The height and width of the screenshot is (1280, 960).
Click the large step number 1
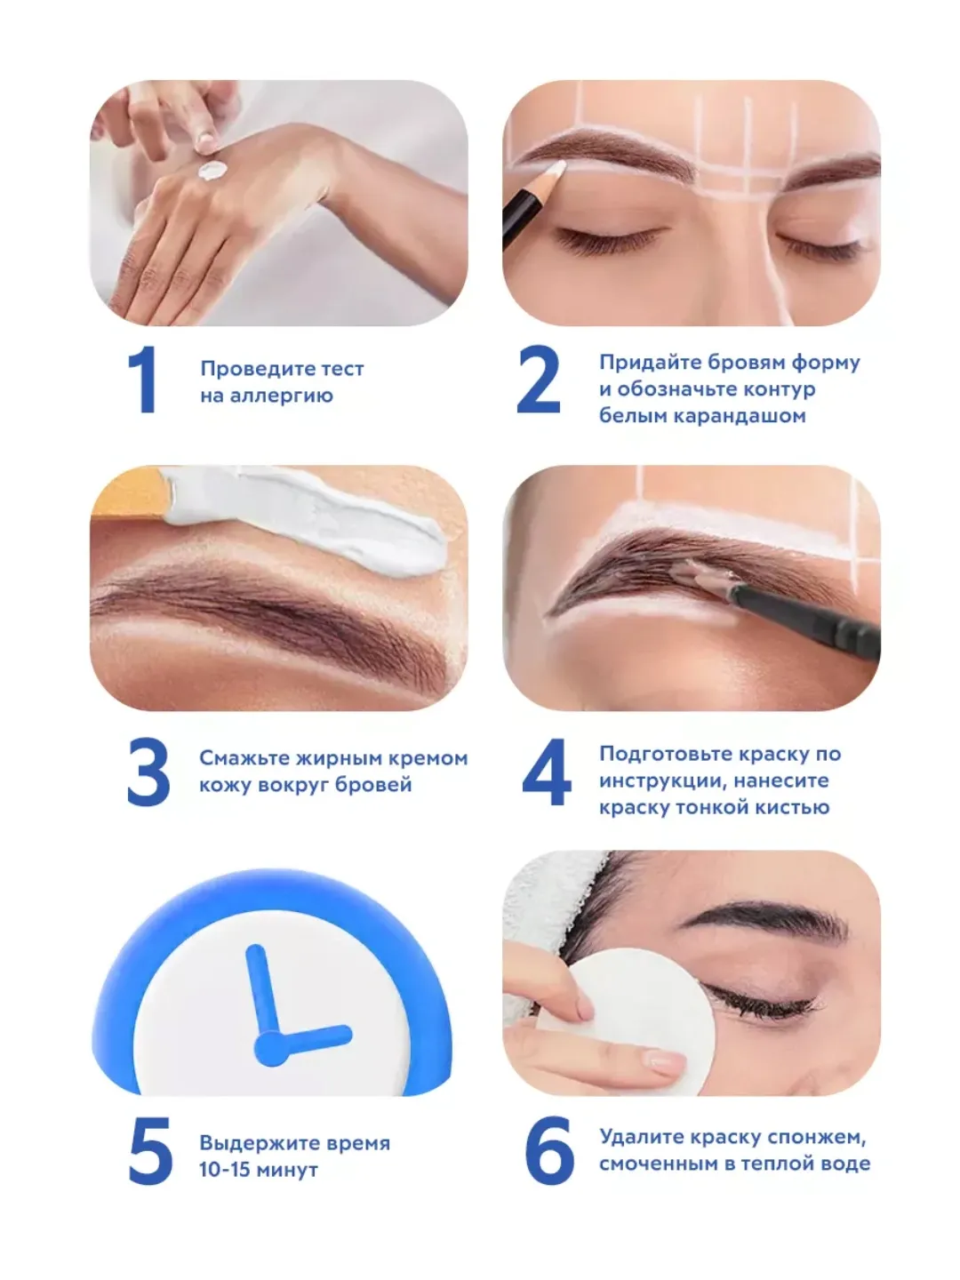tap(142, 380)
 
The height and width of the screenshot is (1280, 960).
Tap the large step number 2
tap(538, 380)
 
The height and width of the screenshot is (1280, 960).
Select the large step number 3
tap(148, 772)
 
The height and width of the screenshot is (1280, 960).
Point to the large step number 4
tap(546, 772)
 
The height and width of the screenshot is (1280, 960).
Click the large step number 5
tap(150, 1150)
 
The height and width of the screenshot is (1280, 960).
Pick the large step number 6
tap(549, 1150)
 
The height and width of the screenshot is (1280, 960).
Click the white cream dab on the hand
tap(212, 171)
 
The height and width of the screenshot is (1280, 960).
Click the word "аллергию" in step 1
tap(282, 396)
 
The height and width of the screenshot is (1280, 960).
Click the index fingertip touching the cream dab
tap(205, 143)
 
